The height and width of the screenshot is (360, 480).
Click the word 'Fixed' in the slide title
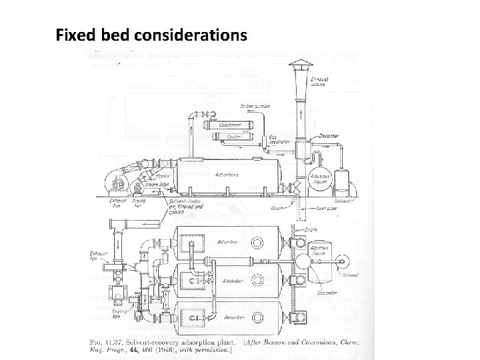click(x=74, y=34)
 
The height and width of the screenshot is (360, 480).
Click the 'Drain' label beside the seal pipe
click(x=281, y=208)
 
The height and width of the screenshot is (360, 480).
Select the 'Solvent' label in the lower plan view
click(x=350, y=275)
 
